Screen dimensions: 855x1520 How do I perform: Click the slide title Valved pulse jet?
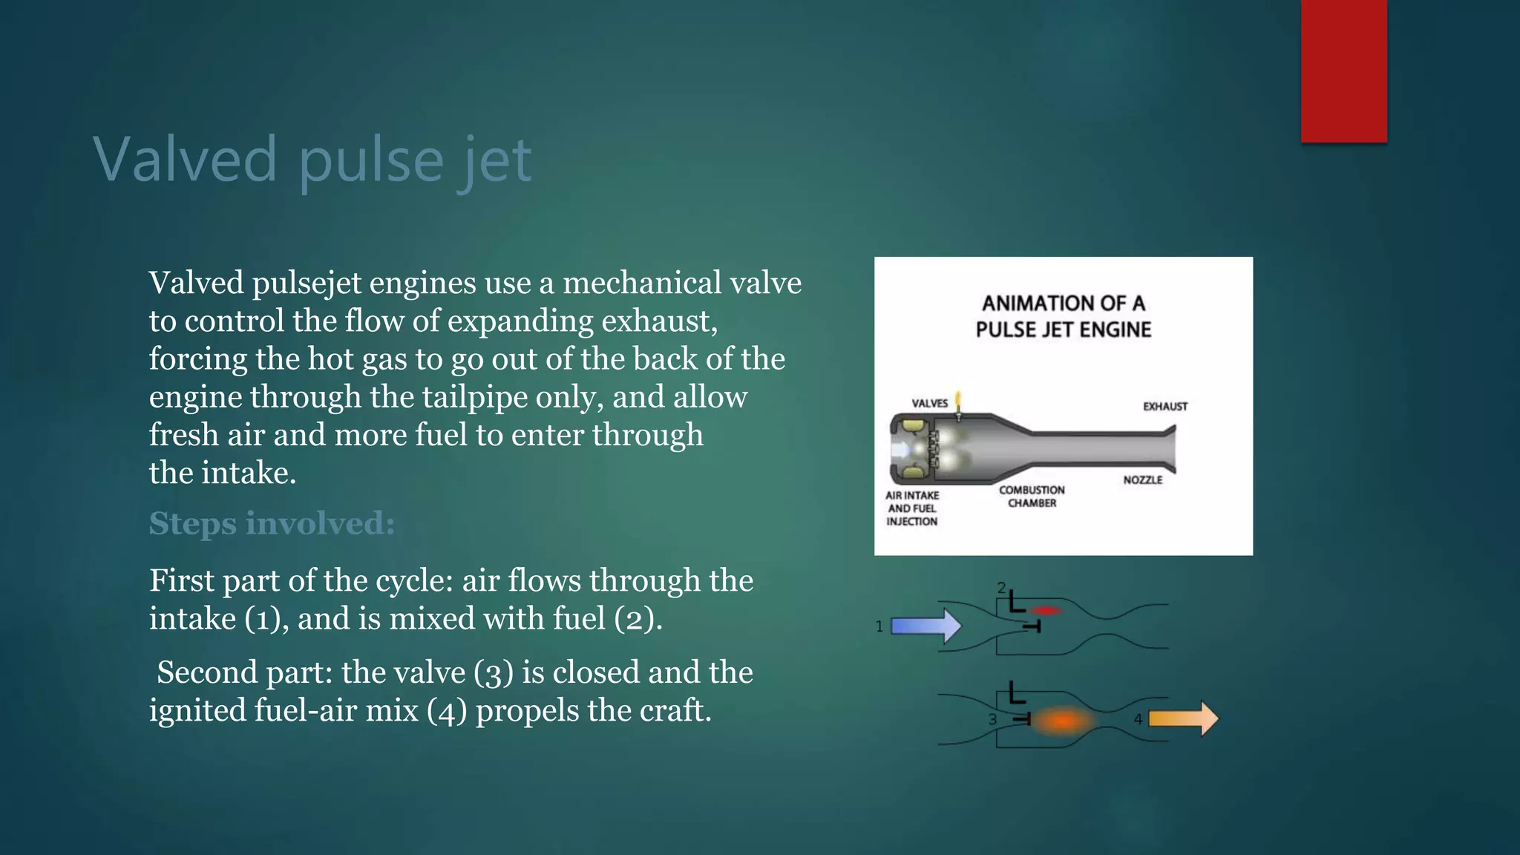(x=312, y=160)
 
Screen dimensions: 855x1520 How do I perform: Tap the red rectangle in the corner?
(x=1343, y=71)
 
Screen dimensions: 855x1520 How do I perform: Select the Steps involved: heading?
(x=272, y=523)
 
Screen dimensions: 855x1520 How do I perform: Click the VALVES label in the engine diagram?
(x=929, y=403)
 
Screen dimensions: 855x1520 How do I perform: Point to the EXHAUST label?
(x=1164, y=406)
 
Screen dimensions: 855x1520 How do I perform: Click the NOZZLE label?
(x=1142, y=480)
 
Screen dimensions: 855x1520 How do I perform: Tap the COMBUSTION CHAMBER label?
(x=1032, y=497)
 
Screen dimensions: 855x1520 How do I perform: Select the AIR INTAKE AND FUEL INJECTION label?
(x=912, y=508)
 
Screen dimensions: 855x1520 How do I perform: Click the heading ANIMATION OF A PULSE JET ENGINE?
(x=1063, y=316)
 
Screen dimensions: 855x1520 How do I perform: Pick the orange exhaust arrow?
(x=1183, y=718)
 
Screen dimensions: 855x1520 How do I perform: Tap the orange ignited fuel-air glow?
(x=1063, y=720)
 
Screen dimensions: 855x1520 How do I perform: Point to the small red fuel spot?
(x=1046, y=611)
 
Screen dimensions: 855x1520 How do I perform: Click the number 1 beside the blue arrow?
(x=879, y=626)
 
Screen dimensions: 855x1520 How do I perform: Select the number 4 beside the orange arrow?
(x=1138, y=718)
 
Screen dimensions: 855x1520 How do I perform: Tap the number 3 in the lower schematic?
(x=992, y=718)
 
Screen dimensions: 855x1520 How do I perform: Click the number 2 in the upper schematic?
(x=1001, y=588)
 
